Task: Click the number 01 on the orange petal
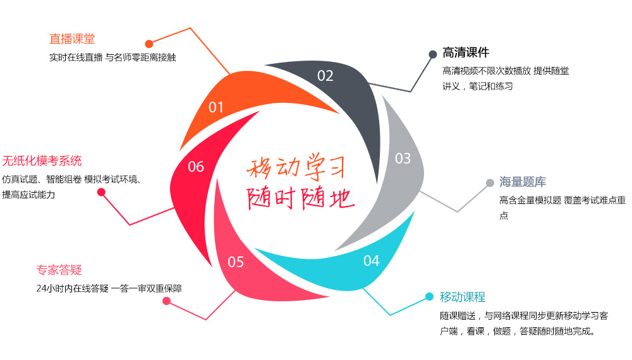(216, 107)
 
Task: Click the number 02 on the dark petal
(325, 76)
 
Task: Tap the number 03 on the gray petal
(403, 159)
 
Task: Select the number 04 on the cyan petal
(371, 260)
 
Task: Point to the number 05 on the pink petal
(236, 261)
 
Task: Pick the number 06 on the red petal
(196, 167)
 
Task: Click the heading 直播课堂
(72, 39)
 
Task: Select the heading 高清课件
(466, 52)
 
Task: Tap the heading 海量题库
(523, 183)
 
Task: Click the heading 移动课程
(463, 297)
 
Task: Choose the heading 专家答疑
(59, 270)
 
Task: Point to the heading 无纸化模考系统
(42, 160)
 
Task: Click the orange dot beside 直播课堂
(149, 44)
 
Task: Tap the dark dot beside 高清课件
(432, 54)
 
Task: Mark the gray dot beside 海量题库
(490, 183)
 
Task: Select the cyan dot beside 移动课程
(428, 297)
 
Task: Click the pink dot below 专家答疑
(166, 301)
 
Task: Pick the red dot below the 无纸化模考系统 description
(101, 192)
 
